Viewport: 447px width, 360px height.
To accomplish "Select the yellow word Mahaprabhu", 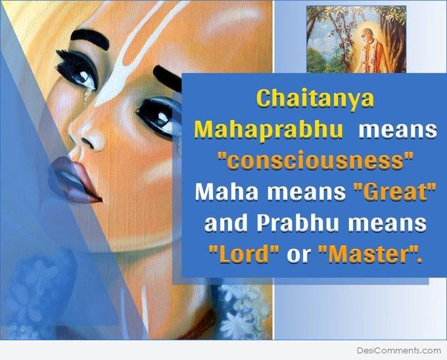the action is coord(269,130).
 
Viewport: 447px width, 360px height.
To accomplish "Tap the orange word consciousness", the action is coord(315,162).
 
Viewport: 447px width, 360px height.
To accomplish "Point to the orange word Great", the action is coord(395,192).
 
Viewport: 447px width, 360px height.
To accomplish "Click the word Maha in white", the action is coord(226,192).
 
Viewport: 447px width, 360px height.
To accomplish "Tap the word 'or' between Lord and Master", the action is coord(298,255).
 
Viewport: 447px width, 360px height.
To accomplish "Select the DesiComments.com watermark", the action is coord(399,350).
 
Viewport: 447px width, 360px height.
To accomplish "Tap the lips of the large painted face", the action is coord(75,180).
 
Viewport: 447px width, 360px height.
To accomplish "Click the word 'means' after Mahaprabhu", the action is coord(398,130).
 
